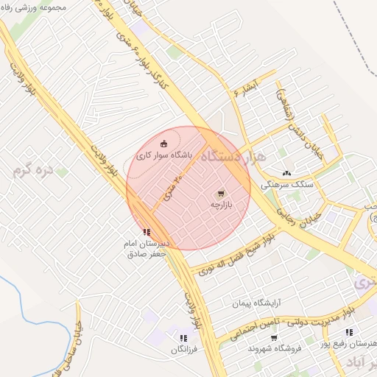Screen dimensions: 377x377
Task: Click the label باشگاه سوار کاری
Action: coord(163,156)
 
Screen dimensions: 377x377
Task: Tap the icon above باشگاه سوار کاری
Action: coord(163,144)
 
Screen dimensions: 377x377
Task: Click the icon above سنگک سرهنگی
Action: coord(286,172)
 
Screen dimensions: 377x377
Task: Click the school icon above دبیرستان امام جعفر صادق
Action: coord(146,232)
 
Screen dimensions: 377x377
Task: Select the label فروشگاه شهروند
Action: coord(272,348)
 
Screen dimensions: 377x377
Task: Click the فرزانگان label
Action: coord(183,351)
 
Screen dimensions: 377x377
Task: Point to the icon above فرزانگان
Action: coord(183,339)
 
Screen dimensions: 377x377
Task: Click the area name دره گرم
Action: coord(33,171)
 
